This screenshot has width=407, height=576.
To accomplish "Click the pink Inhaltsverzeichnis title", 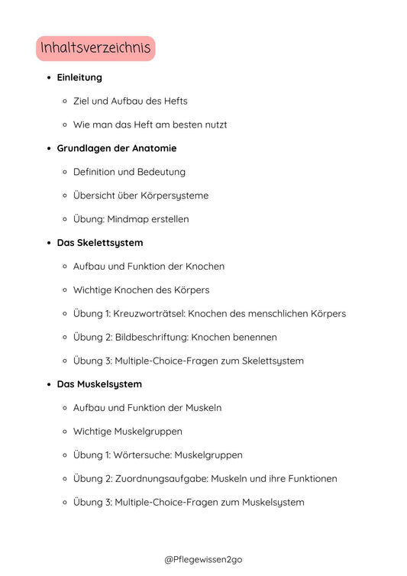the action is (95, 49).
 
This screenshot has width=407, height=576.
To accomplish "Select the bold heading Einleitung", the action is (79, 77).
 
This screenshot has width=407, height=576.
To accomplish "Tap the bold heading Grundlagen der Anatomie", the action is (117, 148).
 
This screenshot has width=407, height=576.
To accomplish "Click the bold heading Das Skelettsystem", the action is (100, 243).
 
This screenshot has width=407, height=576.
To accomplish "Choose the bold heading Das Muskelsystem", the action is (99, 384).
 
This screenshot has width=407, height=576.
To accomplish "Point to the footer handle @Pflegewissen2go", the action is (203, 559).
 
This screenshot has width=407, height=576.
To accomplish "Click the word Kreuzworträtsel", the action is (150, 313).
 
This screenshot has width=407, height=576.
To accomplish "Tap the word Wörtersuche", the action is (143, 455).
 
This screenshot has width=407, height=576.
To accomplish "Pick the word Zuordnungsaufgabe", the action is (160, 479).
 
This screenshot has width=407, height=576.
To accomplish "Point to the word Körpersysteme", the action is (175, 196).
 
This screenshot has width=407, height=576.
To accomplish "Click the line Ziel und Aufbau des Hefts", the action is (130, 101).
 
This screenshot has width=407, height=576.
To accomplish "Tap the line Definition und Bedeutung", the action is (129, 172).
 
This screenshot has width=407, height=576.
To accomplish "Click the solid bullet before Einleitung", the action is (49, 78).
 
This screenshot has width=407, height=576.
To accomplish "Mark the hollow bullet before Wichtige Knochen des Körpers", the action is (66, 290).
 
